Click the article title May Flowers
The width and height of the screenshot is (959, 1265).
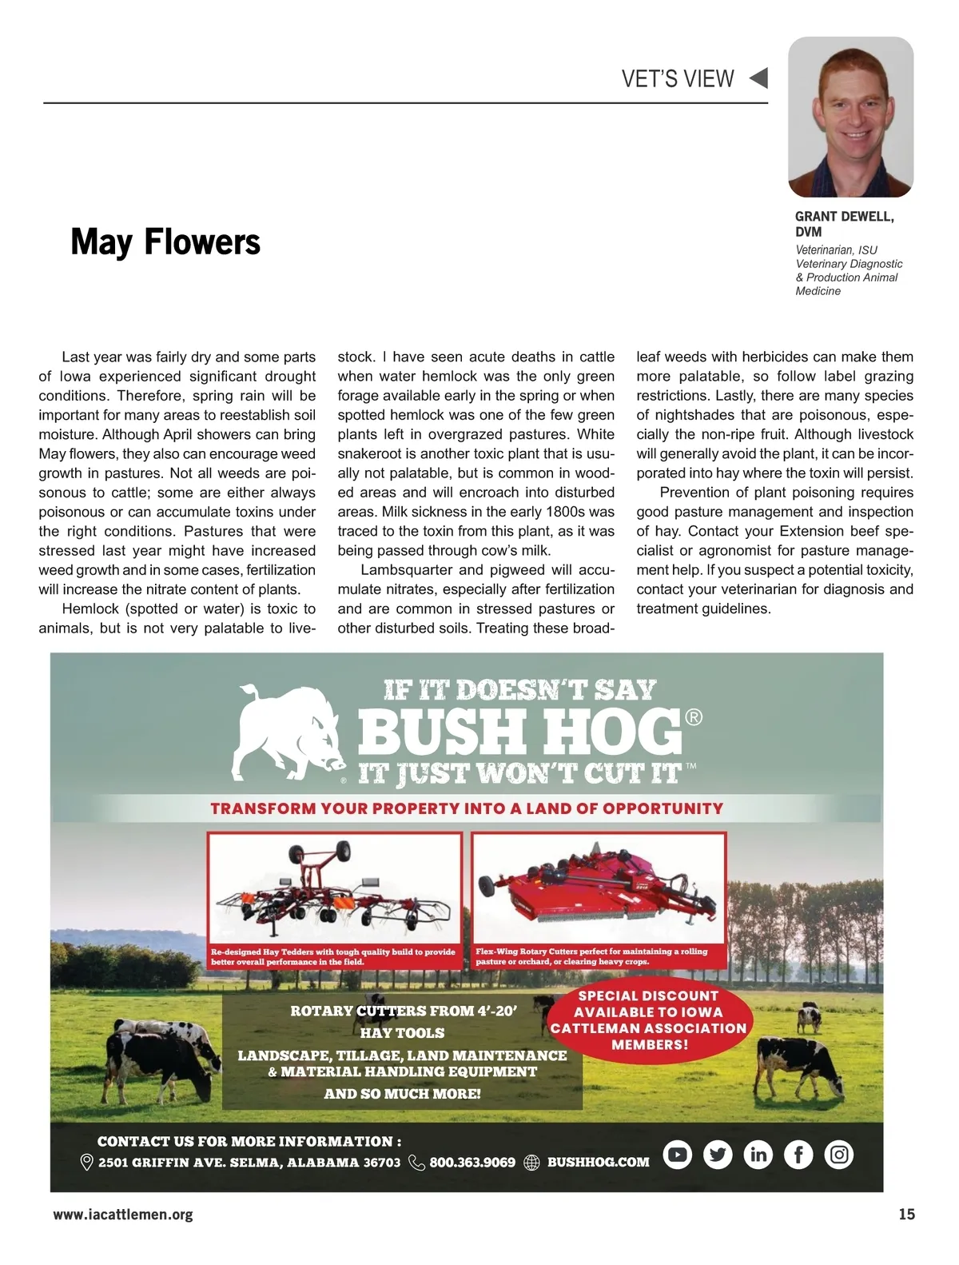(165, 241)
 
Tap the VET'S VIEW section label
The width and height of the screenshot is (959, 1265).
(678, 78)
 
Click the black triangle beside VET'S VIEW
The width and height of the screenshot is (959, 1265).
(758, 78)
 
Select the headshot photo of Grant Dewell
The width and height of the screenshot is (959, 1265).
(850, 117)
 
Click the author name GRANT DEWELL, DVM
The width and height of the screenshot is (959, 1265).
(844, 224)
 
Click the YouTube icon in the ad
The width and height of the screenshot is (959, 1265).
(678, 1154)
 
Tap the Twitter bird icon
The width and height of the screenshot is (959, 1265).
(718, 1154)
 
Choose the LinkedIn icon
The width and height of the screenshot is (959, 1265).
(758, 1154)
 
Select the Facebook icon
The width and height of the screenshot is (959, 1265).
(798, 1154)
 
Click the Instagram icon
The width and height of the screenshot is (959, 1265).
(838, 1154)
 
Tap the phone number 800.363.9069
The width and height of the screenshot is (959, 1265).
(472, 1162)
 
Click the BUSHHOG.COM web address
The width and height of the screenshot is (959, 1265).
(598, 1162)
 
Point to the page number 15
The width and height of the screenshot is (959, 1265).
(906, 1214)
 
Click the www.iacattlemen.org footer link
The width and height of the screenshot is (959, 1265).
(123, 1215)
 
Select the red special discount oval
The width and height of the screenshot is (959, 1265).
(648, 1020)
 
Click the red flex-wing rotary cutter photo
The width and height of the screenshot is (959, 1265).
(599, 888)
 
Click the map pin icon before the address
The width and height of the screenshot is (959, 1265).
(87, 1162)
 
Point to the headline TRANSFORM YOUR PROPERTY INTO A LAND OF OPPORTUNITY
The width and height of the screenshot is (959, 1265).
(467, 808)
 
